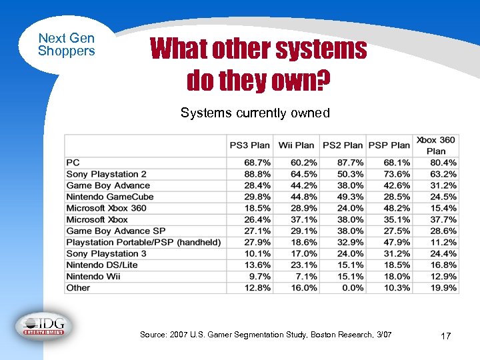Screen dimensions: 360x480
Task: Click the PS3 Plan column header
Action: pos(250,145)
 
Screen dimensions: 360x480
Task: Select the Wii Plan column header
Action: pos(296,145)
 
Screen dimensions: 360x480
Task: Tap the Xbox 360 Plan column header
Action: pos(436,145)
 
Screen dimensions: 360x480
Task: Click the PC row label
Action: pos(73,163)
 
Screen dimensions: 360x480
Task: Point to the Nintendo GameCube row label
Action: pos(110,197)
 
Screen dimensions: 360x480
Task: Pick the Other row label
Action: pos(78,287)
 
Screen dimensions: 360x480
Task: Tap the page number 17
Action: pos(445,337)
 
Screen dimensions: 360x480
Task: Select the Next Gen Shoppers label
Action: pos(67,45)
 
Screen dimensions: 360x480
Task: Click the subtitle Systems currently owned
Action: pos(255,113)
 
